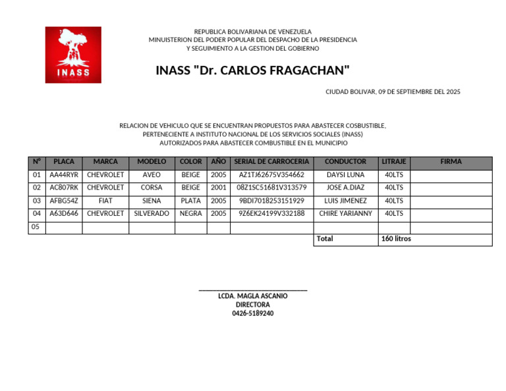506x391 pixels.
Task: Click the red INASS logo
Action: click(73, 55)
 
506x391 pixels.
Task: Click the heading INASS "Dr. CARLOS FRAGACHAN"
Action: click(253, 70)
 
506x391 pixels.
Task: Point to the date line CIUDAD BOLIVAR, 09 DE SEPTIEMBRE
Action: click(393, 92)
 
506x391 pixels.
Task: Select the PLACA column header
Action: click(64, 162)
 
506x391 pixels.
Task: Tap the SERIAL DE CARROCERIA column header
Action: click(271, 162)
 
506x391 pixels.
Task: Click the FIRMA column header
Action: click(451, 162)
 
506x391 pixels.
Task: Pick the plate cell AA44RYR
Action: click(64, 175)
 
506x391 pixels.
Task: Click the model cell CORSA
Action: click(152, 188)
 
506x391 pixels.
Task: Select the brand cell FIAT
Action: click(105, 201)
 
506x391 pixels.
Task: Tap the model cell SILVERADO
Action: click(152, 214)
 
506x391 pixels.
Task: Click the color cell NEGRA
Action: click(191, 214)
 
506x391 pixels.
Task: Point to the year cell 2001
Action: click(219, 188)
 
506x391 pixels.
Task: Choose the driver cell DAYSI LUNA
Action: click(346, 175)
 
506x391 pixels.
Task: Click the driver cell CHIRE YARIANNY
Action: click(346, 214)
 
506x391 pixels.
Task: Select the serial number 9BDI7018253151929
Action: click(271, 201)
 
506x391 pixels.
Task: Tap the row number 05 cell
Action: click(36, 227)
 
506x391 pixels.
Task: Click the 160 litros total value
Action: click(396, 239)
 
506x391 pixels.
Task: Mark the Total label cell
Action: click(325, 239)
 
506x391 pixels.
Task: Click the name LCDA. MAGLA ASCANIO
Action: click(253, 296)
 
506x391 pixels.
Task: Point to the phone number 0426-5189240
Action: click(253, 313)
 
